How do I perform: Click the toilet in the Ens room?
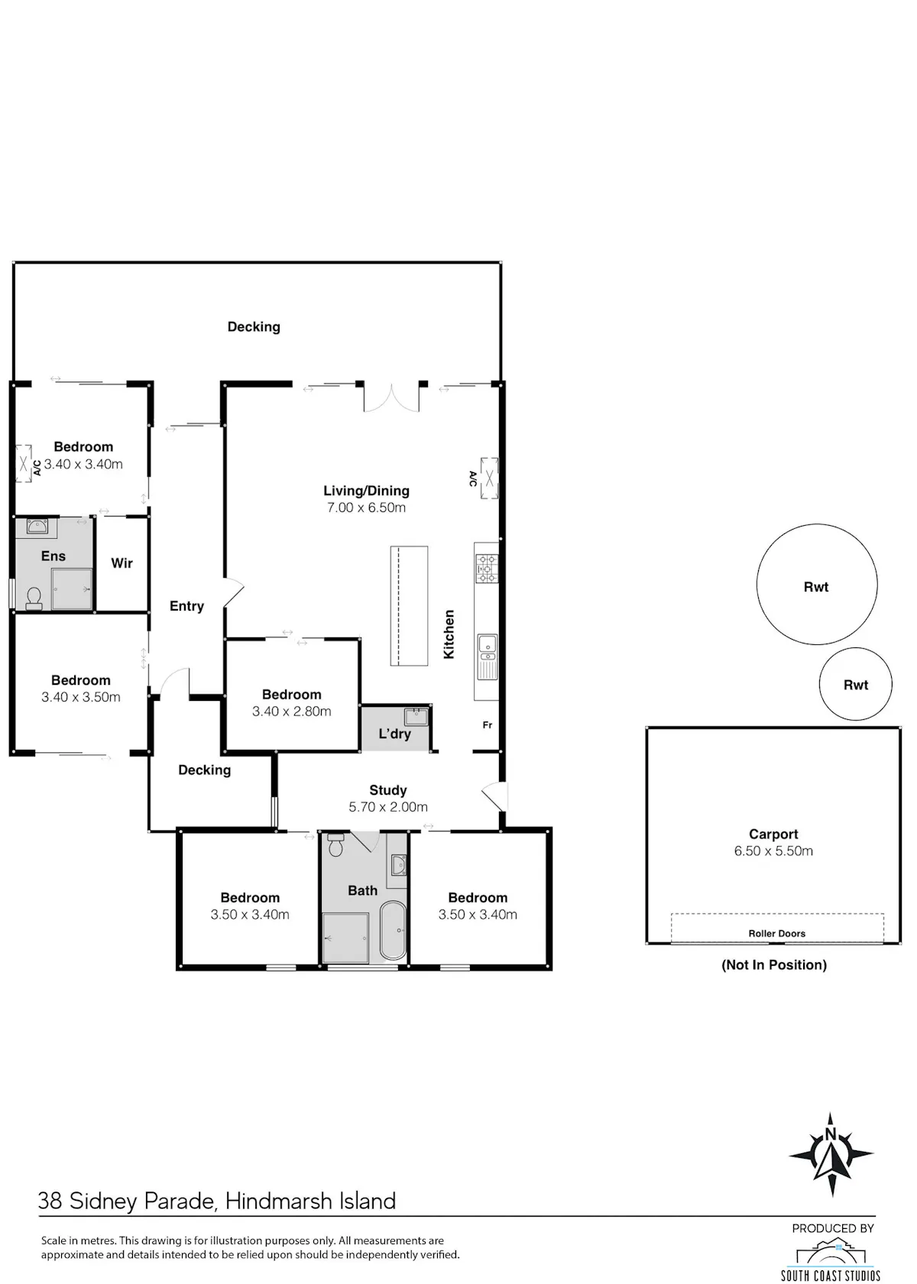point(34,598)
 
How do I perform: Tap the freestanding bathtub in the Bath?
point(393,929)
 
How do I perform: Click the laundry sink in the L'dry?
point(416,717)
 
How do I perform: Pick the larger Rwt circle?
point(816,584)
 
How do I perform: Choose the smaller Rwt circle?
point(855,684)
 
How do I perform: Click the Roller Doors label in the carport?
point(776,933)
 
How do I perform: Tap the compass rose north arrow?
point(831,1154)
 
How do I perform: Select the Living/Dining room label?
point(366,491)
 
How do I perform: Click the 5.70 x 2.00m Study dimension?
point(388,806)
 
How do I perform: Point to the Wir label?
point(122,563)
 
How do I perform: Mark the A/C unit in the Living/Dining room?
point(489,478)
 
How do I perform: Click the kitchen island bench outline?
point(410,606)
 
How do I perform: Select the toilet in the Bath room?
point(336,845)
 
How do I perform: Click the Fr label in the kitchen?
point(488,725)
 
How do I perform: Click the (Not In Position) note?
point(773,965)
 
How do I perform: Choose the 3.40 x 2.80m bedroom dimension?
point(291,712)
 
